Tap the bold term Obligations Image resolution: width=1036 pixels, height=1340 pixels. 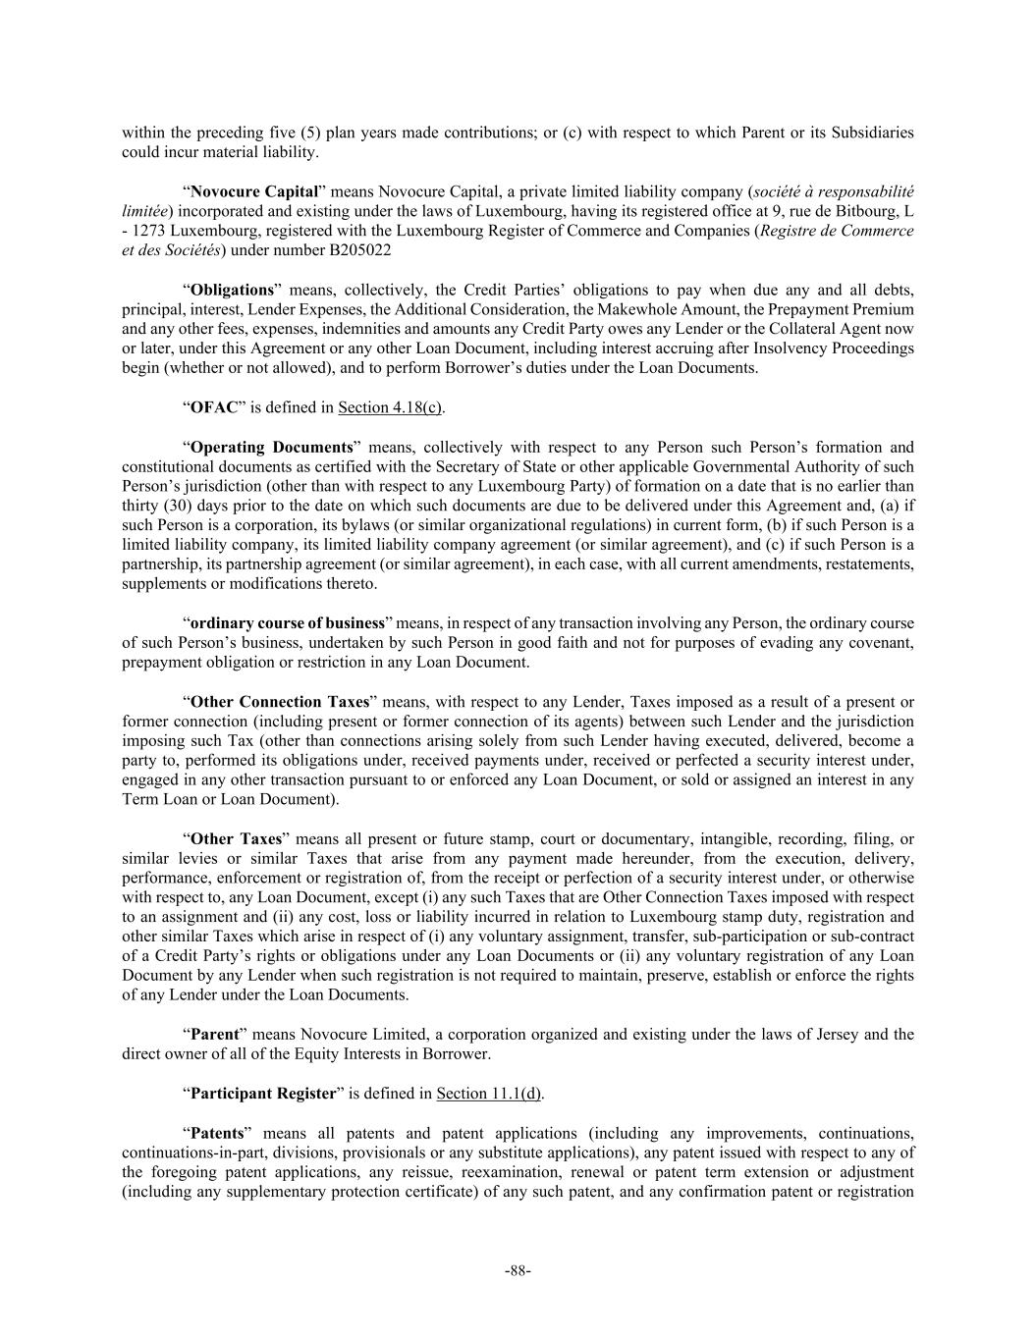pyautogui.click(x=232, y=290)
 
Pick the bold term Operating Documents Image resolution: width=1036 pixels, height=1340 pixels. pyautogui.click(x=271, y=447)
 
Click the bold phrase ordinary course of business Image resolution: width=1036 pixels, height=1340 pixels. pyautogui.click(x=287, y=623)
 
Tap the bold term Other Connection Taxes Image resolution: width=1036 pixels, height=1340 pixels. pyautogui.click(x=280, y=702)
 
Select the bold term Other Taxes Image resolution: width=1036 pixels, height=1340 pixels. pyautogui.click(x=236, y=839)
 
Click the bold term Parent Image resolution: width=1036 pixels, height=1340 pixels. pyautogui.click(x=214, y=1035)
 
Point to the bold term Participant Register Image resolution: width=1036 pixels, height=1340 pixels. pyautogui.click(x=263, y=1094)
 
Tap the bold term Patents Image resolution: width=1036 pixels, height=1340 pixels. pyautogui.click(x=216, y=1133)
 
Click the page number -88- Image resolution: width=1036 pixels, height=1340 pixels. pyautogui.click(x=518, y=1271)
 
